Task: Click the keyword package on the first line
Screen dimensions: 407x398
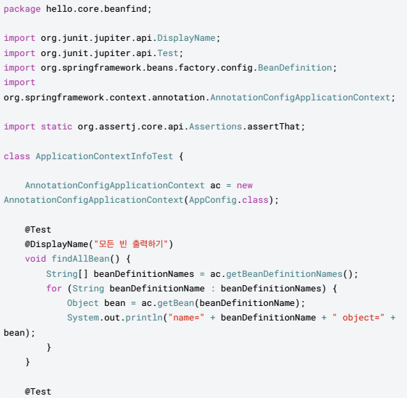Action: coord(22,9)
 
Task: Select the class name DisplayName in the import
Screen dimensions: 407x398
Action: coord(186,38)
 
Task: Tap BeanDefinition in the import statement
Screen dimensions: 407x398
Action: coord(295,68)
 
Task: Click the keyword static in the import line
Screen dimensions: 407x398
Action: coord(57,127)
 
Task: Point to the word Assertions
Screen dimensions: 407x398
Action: coord(215,127)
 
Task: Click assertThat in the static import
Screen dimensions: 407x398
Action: coord(273,127)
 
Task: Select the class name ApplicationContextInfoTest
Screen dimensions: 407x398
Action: coord(104,156)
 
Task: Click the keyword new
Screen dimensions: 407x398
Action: coord(244,186)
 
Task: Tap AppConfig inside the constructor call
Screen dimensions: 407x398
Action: coord(213,200)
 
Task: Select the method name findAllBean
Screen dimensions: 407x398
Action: coord(80,259)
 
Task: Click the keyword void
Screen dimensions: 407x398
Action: coord(35,259)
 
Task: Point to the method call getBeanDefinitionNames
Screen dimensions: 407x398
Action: coord(284,274)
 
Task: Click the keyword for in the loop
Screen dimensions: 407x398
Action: coord(54,288)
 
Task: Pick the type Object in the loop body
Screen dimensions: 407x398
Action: coord(83,303)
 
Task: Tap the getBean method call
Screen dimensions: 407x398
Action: coord(176,303)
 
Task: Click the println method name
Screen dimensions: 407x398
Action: coord(144,318)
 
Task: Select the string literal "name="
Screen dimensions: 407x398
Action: coord(186,318)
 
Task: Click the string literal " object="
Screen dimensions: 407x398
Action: coord(359,318)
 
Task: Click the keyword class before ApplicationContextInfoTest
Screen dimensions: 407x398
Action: coord(17,156)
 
